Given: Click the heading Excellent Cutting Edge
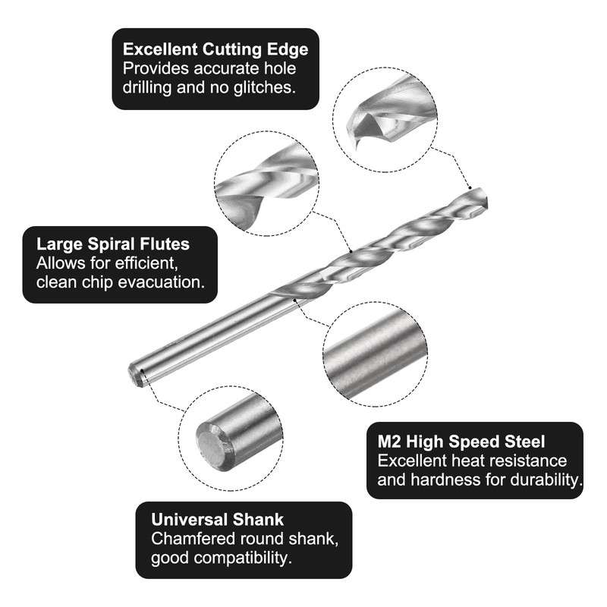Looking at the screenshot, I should click(215, 49).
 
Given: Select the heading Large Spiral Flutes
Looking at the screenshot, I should click(113, 244).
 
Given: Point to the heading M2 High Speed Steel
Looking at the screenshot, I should click(461, 442).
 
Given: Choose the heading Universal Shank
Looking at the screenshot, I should click(217, 520).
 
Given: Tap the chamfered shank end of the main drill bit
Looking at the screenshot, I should click(136, 375).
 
